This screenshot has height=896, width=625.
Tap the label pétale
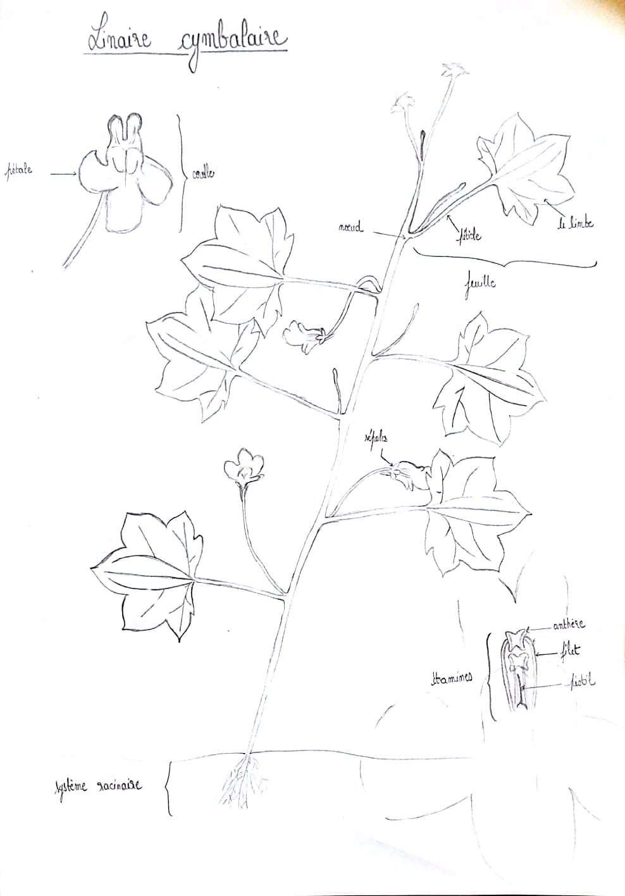pyautogui.click(x=20, y=170)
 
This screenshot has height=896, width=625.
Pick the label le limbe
pyautogui.click(x=575, y=222)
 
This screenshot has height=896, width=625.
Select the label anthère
pyautogui.click(x=569, y=625)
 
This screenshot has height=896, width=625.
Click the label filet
pyautogui.click(x=569, y=649)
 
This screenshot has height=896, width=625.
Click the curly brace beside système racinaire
pyautogui.click(x=168, y=787)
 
